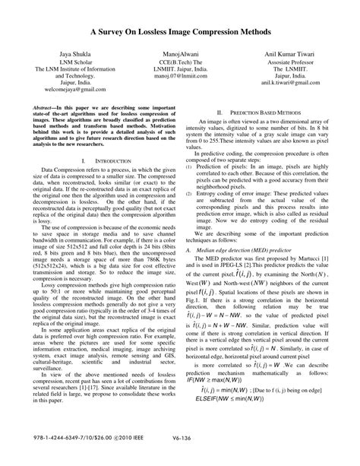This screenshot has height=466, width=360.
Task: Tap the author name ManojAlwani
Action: click(x=180, y=57)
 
